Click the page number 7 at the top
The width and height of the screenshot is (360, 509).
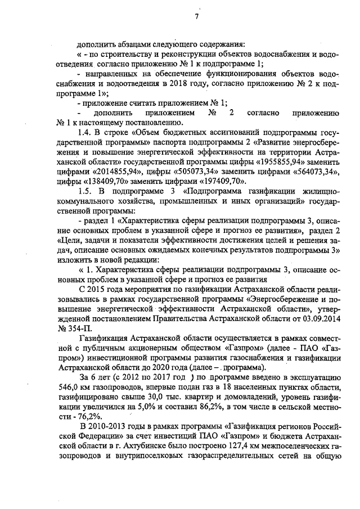click(x=197, y=16)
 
